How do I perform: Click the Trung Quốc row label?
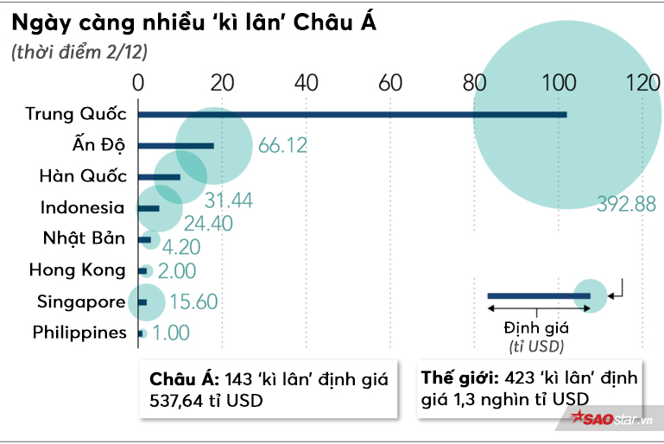76,113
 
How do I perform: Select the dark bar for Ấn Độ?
175,145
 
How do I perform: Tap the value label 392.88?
627,204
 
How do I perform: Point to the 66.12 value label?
282,145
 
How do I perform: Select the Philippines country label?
79,333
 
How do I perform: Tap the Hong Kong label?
77,270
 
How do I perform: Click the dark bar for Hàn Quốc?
160,177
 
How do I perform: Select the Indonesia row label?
83,207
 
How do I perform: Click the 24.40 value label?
207,223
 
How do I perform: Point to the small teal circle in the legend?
591,295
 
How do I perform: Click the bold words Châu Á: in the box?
184,380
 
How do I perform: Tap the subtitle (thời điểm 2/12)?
79,53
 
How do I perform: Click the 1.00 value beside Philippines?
171,333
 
